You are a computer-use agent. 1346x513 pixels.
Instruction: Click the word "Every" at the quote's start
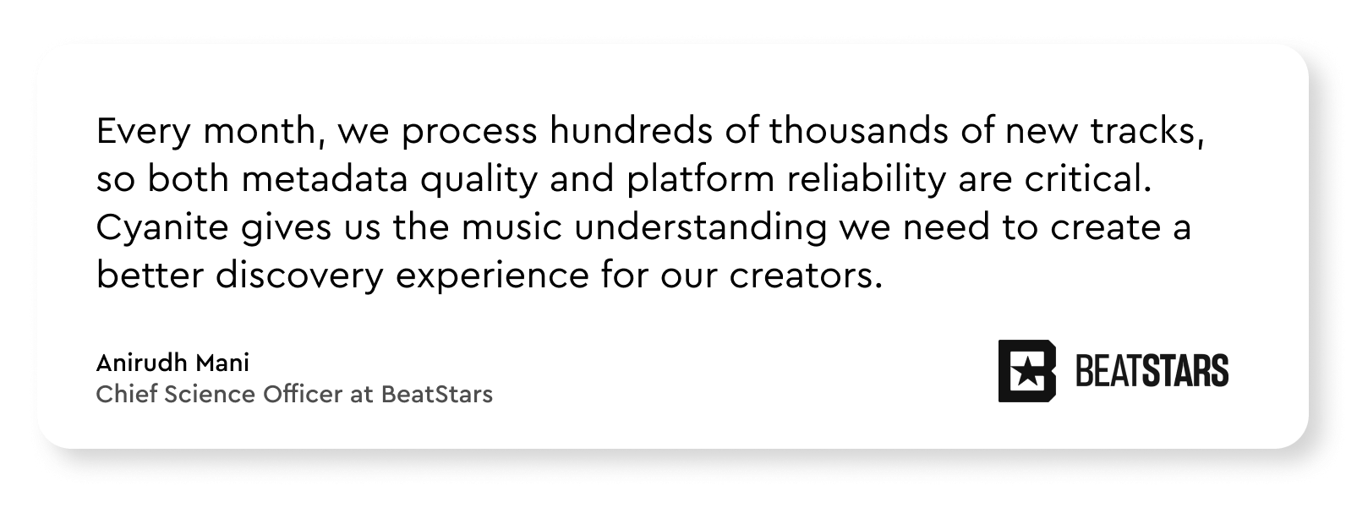143,132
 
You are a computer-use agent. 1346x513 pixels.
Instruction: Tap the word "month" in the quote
259,130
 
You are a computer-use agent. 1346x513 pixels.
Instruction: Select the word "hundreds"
631,130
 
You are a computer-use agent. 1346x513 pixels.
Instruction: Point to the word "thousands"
858,130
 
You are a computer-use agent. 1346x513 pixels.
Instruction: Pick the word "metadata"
325,179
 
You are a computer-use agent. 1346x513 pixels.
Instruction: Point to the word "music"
512,227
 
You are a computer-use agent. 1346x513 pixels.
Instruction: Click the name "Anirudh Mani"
172,363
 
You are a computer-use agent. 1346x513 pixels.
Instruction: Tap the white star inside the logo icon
1026,373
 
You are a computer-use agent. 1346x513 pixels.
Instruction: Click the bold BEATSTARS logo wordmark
1152,371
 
